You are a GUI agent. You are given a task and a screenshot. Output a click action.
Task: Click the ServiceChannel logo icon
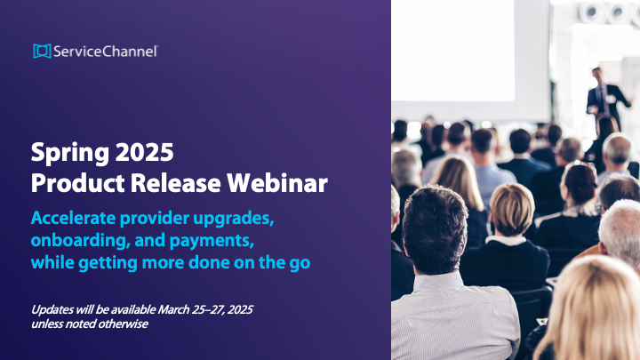[x=41, y=52]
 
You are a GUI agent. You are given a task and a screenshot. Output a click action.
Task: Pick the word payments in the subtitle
[x=201, y=242]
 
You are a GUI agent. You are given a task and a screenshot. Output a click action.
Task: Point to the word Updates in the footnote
[x=54, y=309]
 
